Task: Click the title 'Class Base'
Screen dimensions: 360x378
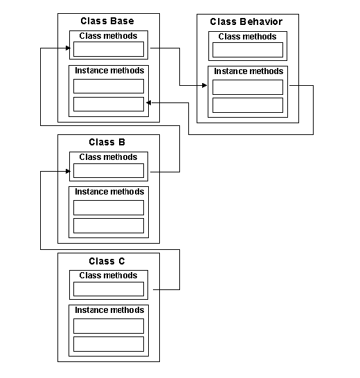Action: [x=107, y=21]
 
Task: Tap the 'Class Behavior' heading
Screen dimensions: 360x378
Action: [x=246, y=21]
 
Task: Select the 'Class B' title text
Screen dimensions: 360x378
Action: [x=107, y=142]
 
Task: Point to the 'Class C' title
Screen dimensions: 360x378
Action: [x=107, y=261]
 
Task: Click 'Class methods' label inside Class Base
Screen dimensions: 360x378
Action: [x=108, y=36]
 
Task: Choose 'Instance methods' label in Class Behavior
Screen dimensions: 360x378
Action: [x=249, y=71]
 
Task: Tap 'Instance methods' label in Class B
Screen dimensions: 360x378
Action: [x=109, y=192]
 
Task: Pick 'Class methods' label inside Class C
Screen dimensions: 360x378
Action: [x=108, y=276]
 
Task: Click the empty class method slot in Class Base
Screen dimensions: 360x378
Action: [x=109, y=49]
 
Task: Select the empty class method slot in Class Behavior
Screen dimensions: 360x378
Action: [x=248, y=50]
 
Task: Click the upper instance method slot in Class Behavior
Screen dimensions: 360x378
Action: [x=248, y=87]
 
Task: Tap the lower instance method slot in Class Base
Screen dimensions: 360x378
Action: [x=109, y=104]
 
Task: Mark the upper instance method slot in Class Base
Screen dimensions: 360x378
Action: [x=109, y=86]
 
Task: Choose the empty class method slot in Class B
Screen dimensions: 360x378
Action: [x=109, y=171]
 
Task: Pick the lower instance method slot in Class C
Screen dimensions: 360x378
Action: [x=109, y=344]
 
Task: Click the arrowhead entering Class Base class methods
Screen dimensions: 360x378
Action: [x=68, y=48]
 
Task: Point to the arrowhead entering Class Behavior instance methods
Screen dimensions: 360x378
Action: [x=204, y=85]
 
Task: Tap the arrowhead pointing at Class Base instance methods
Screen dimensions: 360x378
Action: [x=149, y=103]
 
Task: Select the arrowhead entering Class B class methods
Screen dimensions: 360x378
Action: [x=68, y=172]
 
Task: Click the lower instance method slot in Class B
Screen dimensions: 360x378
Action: [x=109, y=226]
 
